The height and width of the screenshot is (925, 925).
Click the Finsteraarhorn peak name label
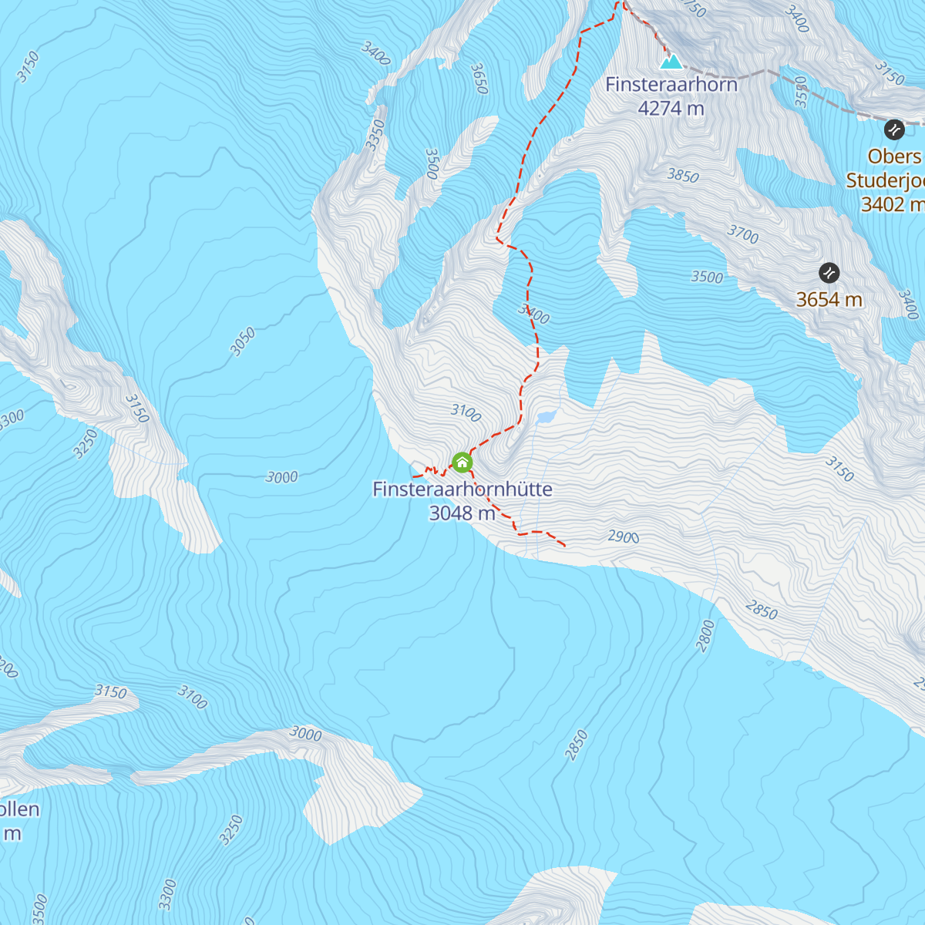(671, 84)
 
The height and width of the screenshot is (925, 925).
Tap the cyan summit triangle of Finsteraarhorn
(671, 61)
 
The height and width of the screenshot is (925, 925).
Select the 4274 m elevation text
(671, 109)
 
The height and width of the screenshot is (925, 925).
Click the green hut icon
(462, 462)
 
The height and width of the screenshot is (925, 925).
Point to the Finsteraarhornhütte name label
(462, 489)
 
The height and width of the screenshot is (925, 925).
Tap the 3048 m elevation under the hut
(462, 513)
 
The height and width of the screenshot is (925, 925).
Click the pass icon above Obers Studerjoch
(893, 129)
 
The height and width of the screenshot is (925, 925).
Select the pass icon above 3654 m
(829, 273)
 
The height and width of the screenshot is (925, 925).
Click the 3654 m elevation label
(829, 299)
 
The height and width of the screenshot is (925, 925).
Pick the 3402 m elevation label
(892, 204)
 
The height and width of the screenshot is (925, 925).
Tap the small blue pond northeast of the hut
(546, 417)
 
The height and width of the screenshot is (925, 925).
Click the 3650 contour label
(479, 79)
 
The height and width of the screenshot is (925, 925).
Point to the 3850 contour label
(683, 176)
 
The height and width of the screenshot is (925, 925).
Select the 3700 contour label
(743, 234)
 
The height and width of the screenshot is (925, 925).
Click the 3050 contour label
(243, 342)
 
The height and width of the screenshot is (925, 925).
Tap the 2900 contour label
(624, 536)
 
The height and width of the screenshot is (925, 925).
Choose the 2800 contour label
(706, 636)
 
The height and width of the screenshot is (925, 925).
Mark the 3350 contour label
(375, 135)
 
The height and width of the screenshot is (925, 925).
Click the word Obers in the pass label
(894, 156)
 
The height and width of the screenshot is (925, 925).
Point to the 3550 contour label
(801, 91)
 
